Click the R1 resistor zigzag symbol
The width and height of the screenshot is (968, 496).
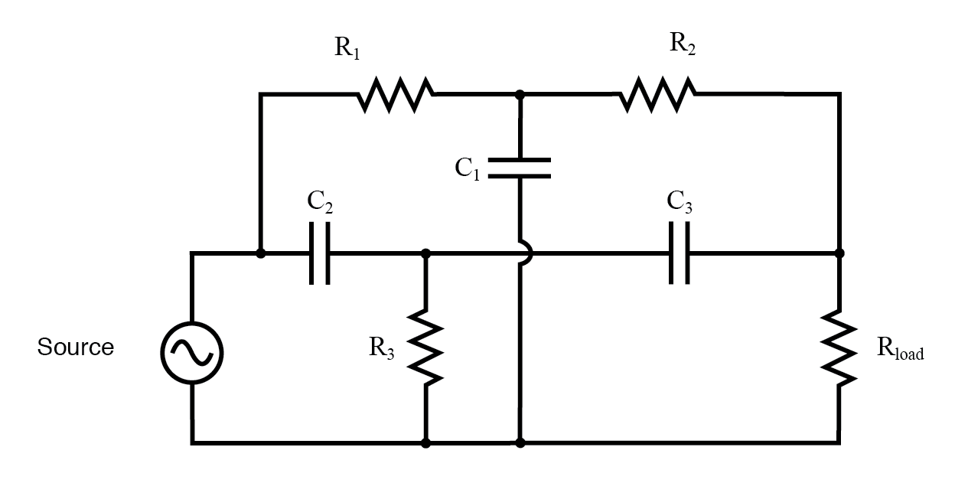click(396, 94)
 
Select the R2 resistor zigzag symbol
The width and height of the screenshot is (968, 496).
click(657, 94)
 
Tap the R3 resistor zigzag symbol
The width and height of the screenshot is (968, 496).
click(425, 345)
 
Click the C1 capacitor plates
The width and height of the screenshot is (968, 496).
click(520, 168)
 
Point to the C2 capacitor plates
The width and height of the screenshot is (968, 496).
click(321, 253)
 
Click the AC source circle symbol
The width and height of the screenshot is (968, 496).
click(191, 351)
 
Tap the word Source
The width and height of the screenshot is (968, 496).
click(76, 348)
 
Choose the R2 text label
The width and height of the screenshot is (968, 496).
click(683, 44)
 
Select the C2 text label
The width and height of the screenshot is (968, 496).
click(320, 202)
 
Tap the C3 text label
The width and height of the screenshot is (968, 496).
click(680, 202)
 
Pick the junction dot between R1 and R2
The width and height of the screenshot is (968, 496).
click(520, 94)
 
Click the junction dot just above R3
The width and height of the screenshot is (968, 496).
click(425, 253)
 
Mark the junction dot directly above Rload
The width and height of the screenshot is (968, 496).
click(839, 253)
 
